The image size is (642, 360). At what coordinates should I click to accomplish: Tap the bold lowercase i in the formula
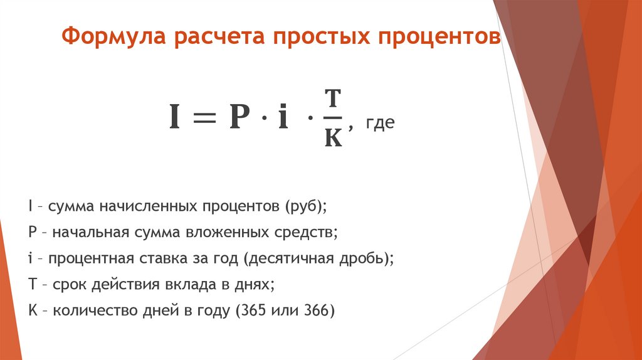[x=283, y=118]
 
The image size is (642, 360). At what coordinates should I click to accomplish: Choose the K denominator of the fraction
[x=334, y=138]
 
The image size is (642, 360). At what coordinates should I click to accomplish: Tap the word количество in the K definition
[x=90, y=310]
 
